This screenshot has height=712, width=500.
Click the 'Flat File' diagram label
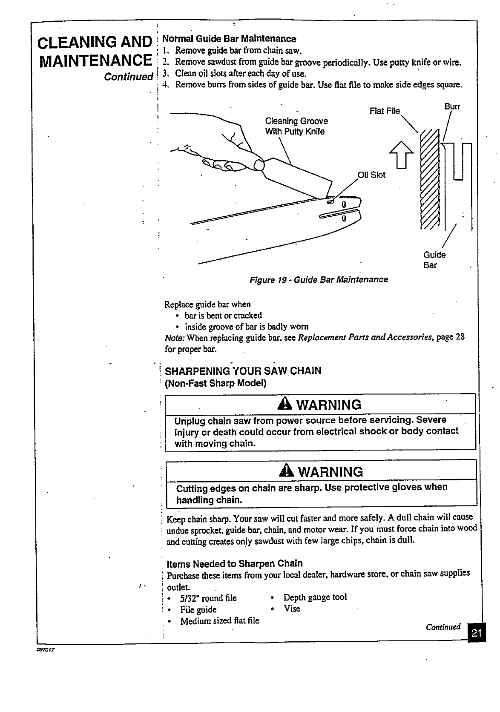click(385, 111)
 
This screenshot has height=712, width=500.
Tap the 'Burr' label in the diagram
click(452, 106)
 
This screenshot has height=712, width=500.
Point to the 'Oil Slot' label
click(371, 175)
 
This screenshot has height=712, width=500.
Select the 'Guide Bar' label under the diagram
click(434, 260)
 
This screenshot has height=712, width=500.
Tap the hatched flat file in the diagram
click(429, 179)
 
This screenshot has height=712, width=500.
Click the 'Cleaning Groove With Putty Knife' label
click(296, 126)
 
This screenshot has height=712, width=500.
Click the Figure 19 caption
click(319, 280)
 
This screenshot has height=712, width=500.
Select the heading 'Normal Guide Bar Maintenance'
click(230, 39)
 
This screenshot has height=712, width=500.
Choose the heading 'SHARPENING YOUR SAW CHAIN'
click(243, 370)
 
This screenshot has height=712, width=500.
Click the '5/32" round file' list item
click(208, 598)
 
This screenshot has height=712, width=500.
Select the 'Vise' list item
click(292, 609)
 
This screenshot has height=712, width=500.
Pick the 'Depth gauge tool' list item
click(315, 597)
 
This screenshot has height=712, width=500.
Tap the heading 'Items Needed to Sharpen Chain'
click(235, 564)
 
